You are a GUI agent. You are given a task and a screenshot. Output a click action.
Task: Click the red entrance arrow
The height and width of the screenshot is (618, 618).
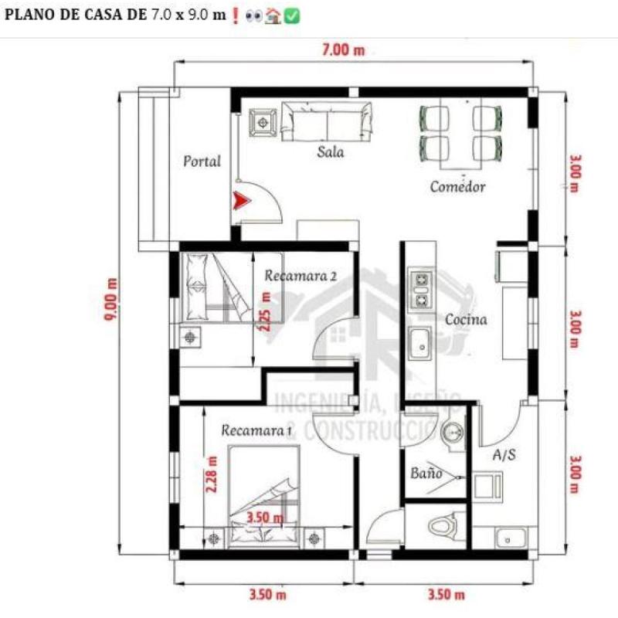tap(243, 201)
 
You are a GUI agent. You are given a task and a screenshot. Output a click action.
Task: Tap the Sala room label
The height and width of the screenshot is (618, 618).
tap(331, 152)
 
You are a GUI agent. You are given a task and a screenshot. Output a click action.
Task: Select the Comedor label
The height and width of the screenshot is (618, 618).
tap(457, 187)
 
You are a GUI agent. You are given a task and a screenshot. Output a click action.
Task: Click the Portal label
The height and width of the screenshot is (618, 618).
tap(202, 161)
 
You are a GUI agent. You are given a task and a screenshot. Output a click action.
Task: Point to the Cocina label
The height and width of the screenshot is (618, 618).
tap(466, 318)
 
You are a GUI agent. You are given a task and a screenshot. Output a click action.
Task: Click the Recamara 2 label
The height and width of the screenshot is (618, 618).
tap(300, 276)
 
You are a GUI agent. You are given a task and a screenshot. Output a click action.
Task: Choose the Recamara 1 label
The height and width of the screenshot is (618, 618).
tap(256, 430)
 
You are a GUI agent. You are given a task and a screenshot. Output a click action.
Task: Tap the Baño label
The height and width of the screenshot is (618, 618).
tap(425, 473)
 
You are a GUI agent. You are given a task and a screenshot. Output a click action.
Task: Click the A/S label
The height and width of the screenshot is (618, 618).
tap(504, 455)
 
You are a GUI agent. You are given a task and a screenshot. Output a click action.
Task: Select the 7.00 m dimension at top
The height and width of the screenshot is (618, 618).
tap(344, 51)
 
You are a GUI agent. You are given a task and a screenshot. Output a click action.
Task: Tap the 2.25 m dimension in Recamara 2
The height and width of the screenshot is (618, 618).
tap(266, 311)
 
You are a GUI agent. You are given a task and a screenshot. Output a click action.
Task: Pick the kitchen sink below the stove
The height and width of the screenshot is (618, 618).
tap(421, 344)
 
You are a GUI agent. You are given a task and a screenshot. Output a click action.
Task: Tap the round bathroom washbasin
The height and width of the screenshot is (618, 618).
tap(453, 434)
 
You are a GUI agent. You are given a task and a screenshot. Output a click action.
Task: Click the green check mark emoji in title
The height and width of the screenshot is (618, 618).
tap(292, 15)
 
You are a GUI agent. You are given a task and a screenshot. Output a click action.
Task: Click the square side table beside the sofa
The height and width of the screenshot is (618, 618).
tap(262, 122)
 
